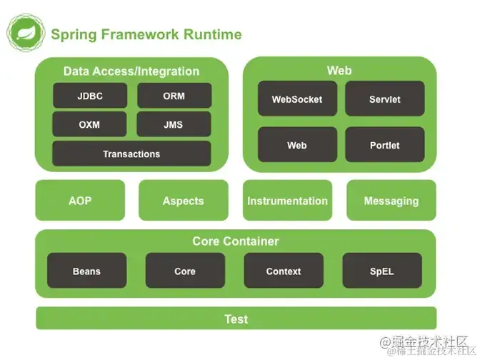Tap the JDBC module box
tap(90, 96)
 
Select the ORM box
tap(174, 96)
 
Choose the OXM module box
tap(90, 124)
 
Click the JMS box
tap(174, 124)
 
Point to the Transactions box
tap(131, 154)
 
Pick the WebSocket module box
tap(297, 99)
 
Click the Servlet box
tap(384, 99)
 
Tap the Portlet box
tap(384, 145)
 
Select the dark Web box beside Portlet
tap(297, 145)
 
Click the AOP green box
tap(80, 201)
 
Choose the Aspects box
tap(184, 201)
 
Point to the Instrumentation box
tap(287, 201)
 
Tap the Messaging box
tap(391, 201)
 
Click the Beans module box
tap(87, 271)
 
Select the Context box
tap(284, 271)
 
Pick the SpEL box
tap(382, 271)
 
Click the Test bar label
tap(236, 319)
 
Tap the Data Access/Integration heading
tap(131, 71)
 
